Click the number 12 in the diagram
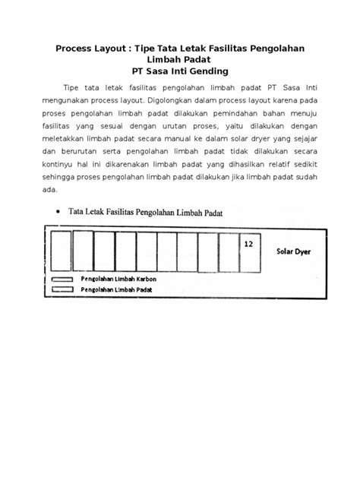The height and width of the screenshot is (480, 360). pos(248,245)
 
